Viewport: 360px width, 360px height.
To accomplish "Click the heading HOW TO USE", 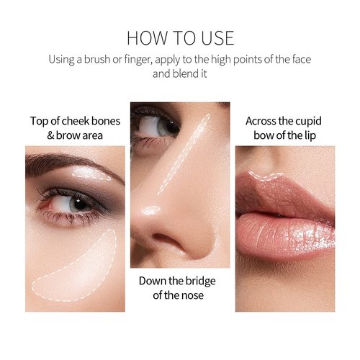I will click(180, 37).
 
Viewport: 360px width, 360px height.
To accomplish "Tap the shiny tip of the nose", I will click(150, 211).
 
